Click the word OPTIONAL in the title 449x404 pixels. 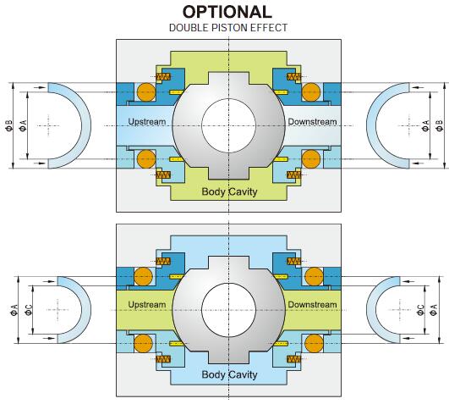(227, 12)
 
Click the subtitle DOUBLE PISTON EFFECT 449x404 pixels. (228, 28)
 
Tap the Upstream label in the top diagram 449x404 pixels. (147, 122)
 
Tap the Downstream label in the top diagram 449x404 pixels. (312, 122)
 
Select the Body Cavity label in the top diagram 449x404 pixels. (229, 191)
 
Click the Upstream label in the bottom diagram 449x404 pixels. (147, 305)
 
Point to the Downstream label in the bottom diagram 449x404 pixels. (312, 305)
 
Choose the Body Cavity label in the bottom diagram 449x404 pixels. (229, 374)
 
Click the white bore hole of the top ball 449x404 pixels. (228, 125)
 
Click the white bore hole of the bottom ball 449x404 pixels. (228, 310)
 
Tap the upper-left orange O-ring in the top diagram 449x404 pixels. (146, 92)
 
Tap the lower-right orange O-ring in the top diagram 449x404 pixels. (311, 159)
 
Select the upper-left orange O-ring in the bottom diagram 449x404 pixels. (144, 277)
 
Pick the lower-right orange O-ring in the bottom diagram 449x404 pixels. (314, 343)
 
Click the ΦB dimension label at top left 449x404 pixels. (9, 125)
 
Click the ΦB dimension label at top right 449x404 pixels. (439, 125)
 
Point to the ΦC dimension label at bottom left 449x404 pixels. (29, 310)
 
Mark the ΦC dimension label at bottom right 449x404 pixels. (420, 310)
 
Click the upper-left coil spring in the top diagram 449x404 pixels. (163, 76)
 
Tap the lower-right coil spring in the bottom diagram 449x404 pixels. (293, 359)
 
